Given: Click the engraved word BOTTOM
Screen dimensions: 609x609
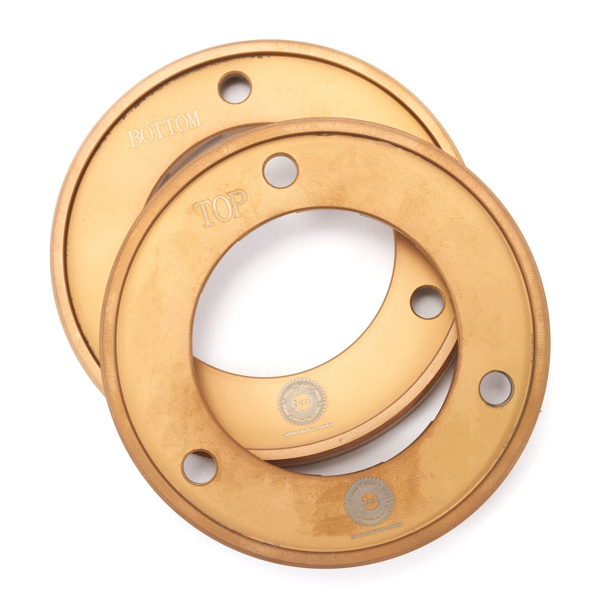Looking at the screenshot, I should [164, 128].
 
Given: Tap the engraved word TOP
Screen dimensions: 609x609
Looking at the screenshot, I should [220, 208].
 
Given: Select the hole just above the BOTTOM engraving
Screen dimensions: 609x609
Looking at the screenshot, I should [234, 87].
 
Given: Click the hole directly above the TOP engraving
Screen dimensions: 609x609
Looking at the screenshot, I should [280, 171].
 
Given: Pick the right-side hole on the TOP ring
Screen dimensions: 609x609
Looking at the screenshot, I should [496, 388].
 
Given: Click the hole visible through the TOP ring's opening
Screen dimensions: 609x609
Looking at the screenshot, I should [427, 302].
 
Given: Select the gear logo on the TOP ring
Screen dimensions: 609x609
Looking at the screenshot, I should [369, 502].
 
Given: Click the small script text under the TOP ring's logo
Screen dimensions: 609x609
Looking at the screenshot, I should [376, 530].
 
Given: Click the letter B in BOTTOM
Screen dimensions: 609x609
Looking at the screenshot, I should [134, 138].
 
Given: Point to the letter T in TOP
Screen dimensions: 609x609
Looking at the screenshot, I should [203, 214].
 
